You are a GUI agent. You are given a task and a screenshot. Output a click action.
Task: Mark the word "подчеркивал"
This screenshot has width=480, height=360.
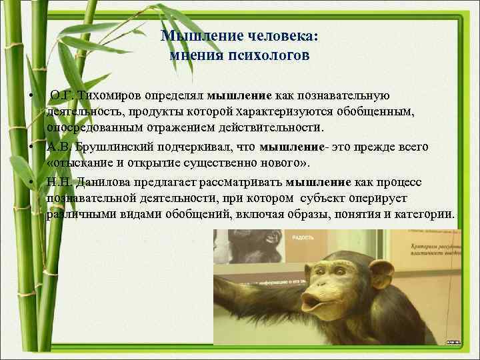point(201,147)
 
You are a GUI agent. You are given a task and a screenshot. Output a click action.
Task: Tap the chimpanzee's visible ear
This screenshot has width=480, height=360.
point(382,274)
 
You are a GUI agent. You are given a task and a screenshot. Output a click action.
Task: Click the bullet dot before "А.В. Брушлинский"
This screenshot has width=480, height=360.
point(31,145)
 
